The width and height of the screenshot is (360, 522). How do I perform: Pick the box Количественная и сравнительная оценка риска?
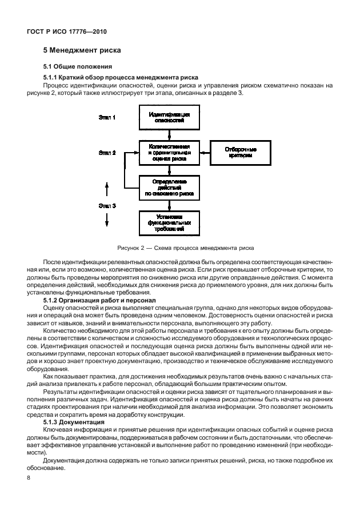pos(169,153)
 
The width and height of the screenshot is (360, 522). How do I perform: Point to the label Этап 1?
pos(107,117)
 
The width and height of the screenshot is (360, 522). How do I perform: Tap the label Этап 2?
pos(107,153)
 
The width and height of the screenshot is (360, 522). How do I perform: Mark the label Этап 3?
pos(107,205)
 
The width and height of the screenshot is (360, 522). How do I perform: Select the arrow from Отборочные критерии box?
pos(205,153)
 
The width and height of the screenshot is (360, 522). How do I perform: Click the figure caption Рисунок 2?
pos(186,248)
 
